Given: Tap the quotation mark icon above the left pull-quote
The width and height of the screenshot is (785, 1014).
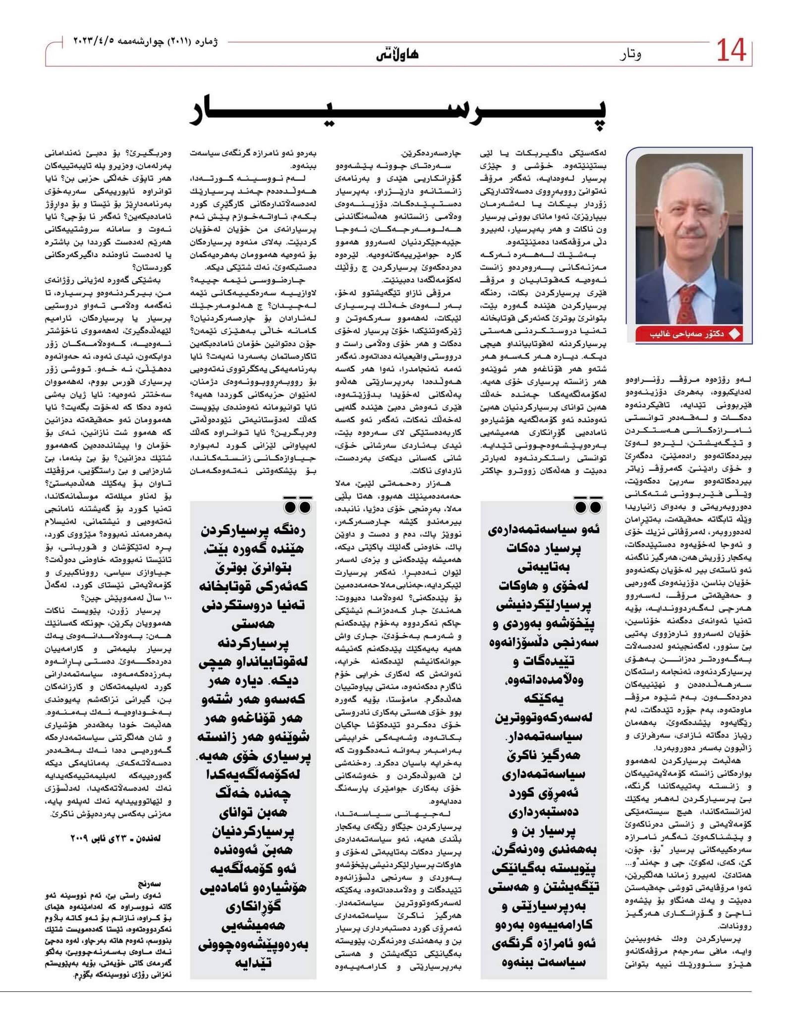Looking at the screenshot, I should tap(298, 507).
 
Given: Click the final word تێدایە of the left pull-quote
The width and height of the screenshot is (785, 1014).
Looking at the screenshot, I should tap(253, 963).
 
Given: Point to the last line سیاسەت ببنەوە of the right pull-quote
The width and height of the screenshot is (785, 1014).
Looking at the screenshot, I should tap(544, 963).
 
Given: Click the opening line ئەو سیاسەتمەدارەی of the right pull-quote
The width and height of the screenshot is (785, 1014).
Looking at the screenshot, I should tap(544, 529).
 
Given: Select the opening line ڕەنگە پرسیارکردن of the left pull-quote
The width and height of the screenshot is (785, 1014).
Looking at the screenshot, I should tap(253, 531).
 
